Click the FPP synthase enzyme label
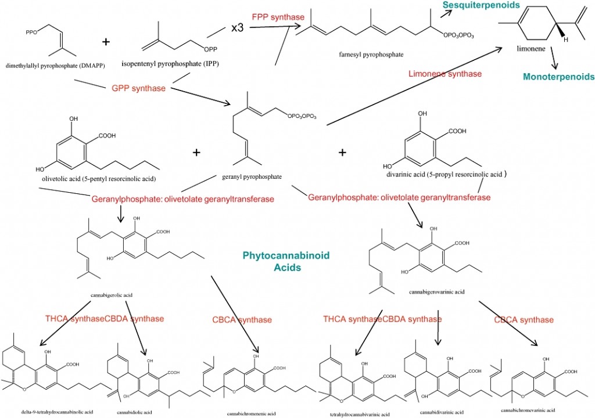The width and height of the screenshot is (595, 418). pos(278,17)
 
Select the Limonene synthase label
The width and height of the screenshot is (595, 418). pos(445,74)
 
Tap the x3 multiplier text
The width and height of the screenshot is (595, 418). pos(237,28)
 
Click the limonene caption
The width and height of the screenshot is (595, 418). pos(531,50)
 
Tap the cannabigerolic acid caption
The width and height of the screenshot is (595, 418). pos(112,295)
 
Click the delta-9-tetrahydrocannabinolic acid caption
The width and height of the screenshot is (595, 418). pos(57,412)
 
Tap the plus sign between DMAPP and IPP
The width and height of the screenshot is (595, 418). pos(106,42)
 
